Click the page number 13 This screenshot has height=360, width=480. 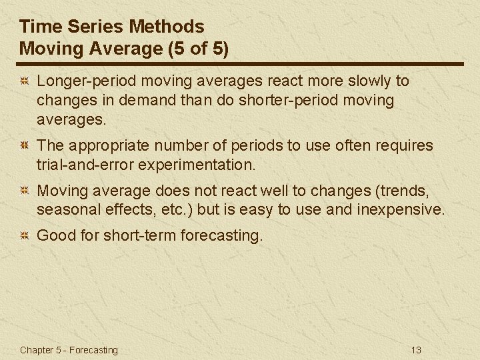[x=417, y=350]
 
